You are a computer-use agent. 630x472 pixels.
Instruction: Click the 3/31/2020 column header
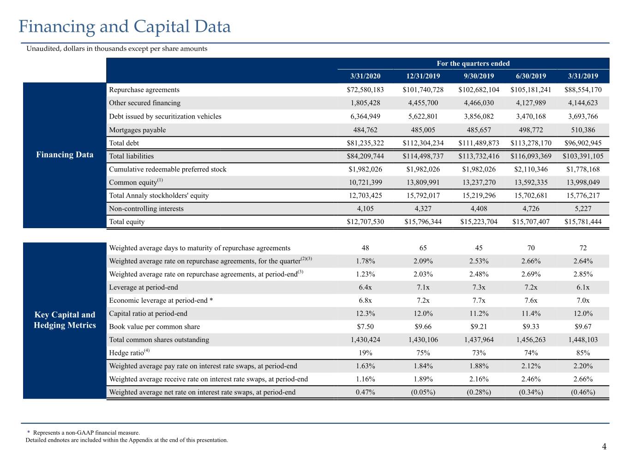tap(365, 76)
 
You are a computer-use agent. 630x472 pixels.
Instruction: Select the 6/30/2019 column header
tap(531, 76)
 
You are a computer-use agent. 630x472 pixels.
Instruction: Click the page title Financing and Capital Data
tap(125, 27)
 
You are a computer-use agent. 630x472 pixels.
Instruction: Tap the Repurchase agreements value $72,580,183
tap(365, 90)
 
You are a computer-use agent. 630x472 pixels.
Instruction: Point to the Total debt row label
tap(124, 143)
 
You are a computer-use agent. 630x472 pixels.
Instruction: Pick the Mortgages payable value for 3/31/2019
tap(583, 130)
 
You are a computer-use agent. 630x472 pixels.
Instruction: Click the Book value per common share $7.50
tap(365, 326)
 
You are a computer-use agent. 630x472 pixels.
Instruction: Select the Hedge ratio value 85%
tap(583, 353)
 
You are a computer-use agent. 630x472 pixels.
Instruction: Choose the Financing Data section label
tap(65, 155)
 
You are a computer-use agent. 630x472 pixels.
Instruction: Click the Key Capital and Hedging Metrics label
tap(65, 320)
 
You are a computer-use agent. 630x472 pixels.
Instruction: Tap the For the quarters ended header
tap(473, 63)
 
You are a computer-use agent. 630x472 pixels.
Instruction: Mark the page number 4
tap(604, 447)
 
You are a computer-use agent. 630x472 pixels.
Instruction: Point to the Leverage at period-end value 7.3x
tap(479, 287)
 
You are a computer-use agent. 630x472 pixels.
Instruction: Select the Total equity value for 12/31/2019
tap(423, 222)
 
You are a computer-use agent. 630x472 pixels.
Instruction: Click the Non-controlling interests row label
tap(146, 209)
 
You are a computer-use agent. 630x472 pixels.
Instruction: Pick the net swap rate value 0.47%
tap(365, 392)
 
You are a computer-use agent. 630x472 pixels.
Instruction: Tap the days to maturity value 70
tap(531, 248)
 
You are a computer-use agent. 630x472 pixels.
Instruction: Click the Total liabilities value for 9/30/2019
tap(479, 156)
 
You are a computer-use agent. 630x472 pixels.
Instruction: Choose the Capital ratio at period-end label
tap(148, 313)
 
